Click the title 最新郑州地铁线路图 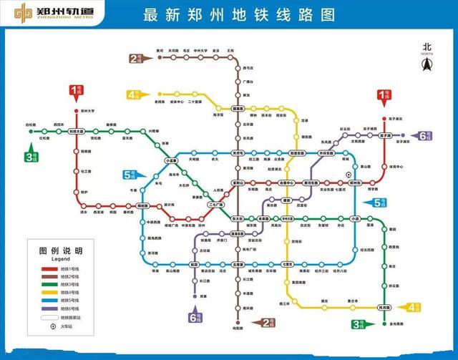click(229, 14)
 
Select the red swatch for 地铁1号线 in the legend click(47, 267)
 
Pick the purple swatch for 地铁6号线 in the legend click(47, 308)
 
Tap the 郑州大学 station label click(87, 112)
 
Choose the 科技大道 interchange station click(77, 132)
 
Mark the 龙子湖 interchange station click(384, 135)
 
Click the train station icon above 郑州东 click(349, 175)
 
